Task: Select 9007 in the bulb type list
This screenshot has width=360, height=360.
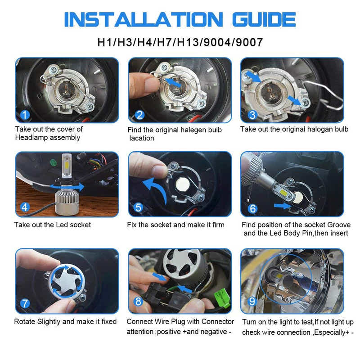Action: point(247,42)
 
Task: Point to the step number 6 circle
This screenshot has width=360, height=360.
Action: point(252,208)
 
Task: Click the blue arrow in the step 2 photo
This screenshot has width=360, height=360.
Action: point(173,83)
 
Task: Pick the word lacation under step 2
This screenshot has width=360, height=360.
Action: point(142,138)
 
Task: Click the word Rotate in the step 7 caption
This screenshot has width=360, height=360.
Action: point(25,322)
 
